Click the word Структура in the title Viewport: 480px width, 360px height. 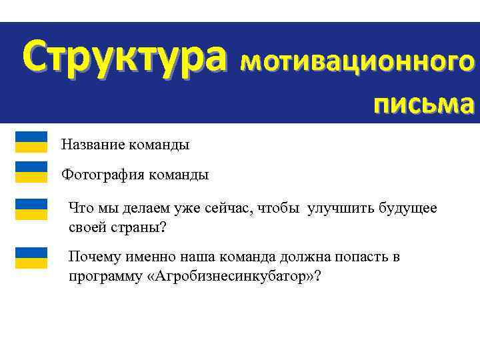coord(121,57)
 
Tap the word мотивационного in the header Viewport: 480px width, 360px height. coord(358,61)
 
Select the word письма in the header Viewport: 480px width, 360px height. coord(423,103)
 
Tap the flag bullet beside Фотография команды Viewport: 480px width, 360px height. coord(31,171)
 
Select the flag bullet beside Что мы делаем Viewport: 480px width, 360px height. coord(31,209)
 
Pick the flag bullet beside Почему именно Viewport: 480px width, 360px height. coord(31,257)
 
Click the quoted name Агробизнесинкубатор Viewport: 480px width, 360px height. coord(233,277)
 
